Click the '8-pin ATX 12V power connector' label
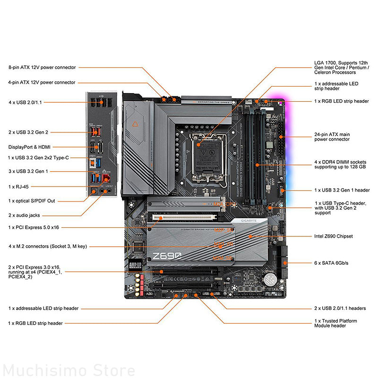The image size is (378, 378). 42,68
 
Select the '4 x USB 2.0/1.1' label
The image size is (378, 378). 25,102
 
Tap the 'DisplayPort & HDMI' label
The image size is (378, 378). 29,147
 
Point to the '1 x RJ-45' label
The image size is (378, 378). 19,187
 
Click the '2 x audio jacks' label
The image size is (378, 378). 24,215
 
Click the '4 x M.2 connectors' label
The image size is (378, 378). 47,246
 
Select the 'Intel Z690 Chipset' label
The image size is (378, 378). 333,236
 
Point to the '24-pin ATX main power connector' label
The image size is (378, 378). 332,137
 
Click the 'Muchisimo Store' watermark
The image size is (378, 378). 69,369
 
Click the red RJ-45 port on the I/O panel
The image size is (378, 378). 107,179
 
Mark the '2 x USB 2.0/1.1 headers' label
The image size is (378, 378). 340,309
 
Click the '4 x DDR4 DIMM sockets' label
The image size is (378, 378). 340,164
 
